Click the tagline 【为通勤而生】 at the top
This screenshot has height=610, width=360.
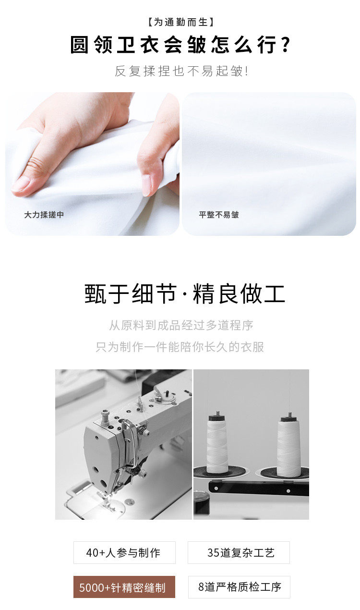point(180,22)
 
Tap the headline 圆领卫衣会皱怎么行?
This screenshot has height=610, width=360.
point(180,45)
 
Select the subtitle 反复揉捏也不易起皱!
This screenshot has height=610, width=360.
point(181,71)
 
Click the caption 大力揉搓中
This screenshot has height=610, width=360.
point(44,215)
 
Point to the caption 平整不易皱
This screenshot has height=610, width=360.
point(219,215)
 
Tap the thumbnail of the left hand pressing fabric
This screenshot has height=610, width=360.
point(92,164)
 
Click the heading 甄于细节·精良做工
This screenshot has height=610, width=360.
point(184,293)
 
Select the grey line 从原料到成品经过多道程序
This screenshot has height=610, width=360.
point(181,325)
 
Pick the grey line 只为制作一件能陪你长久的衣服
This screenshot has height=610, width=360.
point(180,347)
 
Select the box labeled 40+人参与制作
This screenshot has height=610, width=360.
point(124,552)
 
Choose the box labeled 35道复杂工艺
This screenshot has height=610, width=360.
point(239,552)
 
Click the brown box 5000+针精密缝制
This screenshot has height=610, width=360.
point(124,587)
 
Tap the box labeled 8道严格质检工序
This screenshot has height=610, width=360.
point(239,587)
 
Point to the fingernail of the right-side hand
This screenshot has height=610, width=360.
point(146,185)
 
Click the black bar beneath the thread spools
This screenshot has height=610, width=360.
point(259,488)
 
